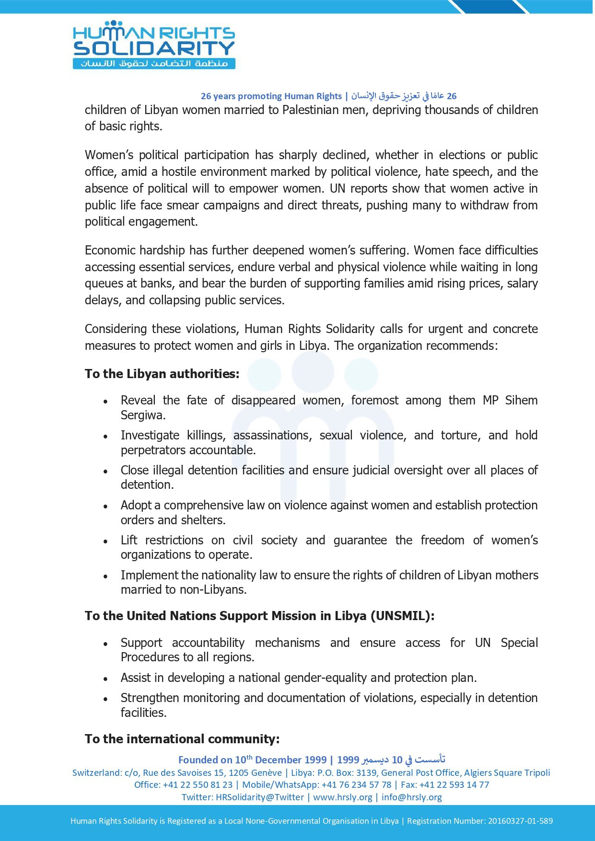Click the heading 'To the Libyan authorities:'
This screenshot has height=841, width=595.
162,374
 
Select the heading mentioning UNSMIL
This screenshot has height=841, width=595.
259,616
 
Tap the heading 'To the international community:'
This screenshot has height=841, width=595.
182,739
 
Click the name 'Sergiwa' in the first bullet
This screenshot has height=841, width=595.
142,415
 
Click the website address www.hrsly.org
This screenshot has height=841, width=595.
342,797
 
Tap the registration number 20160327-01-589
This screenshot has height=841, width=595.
520,821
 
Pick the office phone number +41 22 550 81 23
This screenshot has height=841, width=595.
198,784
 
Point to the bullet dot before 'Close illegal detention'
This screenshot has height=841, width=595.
105,472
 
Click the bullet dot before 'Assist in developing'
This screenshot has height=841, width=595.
105,679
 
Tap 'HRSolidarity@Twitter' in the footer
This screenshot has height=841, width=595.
260,797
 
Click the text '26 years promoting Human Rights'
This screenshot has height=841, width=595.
271,96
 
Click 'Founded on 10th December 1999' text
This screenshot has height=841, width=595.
252,760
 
